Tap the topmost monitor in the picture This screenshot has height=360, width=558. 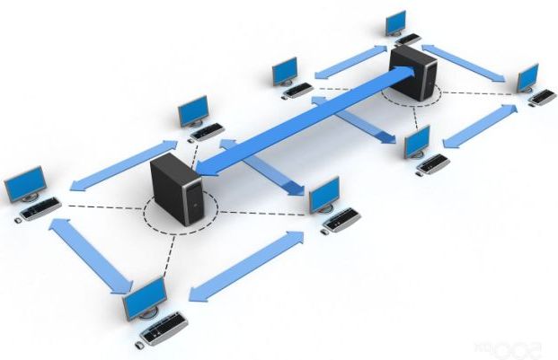pyautogui.click(x=394, y=22)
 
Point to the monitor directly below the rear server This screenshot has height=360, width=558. pyautogui.click(x=416, y=140)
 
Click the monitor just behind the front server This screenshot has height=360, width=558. pyautogui.click(x=192, y=111)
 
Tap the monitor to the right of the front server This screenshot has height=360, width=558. pyautogui.click(x=323, y=193)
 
